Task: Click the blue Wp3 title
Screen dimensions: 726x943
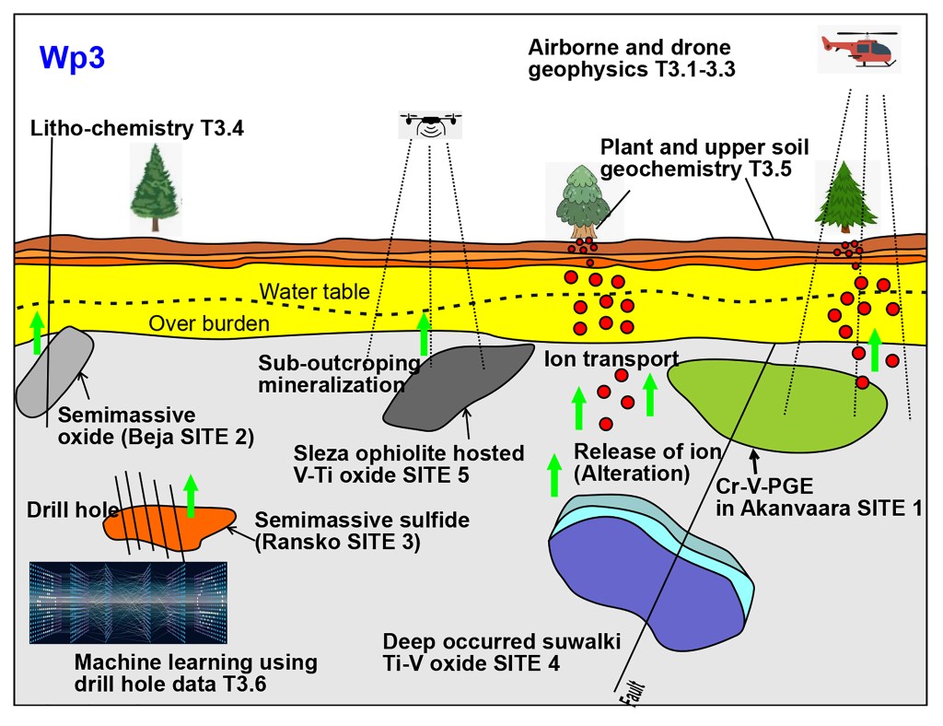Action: click(x=72, y=57)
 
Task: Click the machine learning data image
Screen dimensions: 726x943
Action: click(x=128, y=602)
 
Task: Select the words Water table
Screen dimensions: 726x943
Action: click(x=314, y=292)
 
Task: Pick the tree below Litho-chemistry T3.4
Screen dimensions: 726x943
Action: click(x=154, y=189)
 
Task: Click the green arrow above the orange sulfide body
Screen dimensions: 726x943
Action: click(x=191, y=496)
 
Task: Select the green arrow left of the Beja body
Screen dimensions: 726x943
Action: click(x=36, y=333)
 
